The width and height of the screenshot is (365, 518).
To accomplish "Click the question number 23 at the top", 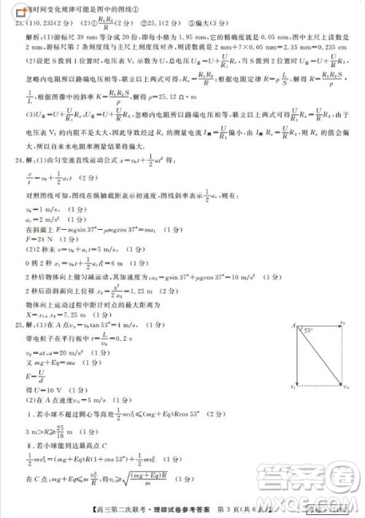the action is [19, 22].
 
